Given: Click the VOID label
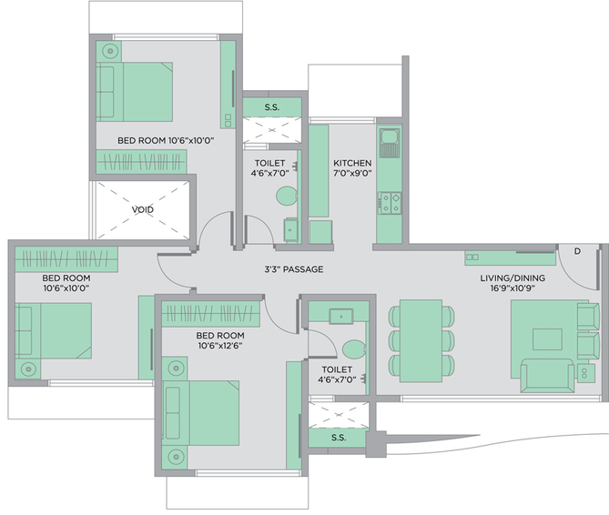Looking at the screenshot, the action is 143,209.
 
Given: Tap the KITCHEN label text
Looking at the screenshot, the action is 352,163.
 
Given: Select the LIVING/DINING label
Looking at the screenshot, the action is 513,278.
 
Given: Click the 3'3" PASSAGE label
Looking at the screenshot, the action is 294,269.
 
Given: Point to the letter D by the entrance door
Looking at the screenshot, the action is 577,251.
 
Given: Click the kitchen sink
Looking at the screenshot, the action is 390,143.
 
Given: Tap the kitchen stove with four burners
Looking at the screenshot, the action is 390,203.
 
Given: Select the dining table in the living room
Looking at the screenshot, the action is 421,340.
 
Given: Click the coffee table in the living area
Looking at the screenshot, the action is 547,339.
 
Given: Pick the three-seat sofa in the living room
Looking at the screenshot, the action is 547,376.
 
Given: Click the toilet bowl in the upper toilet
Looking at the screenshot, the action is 287,196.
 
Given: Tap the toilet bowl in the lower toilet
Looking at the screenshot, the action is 354,349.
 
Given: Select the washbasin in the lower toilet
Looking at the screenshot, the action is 341,317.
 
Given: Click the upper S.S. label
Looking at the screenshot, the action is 272,107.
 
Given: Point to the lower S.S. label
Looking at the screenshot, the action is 339,438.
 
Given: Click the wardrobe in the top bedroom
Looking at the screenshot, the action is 141,161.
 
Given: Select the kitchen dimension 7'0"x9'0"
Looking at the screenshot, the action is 352,173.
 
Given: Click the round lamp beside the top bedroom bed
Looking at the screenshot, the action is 111,51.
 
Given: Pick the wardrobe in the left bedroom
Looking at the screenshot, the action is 66,258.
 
